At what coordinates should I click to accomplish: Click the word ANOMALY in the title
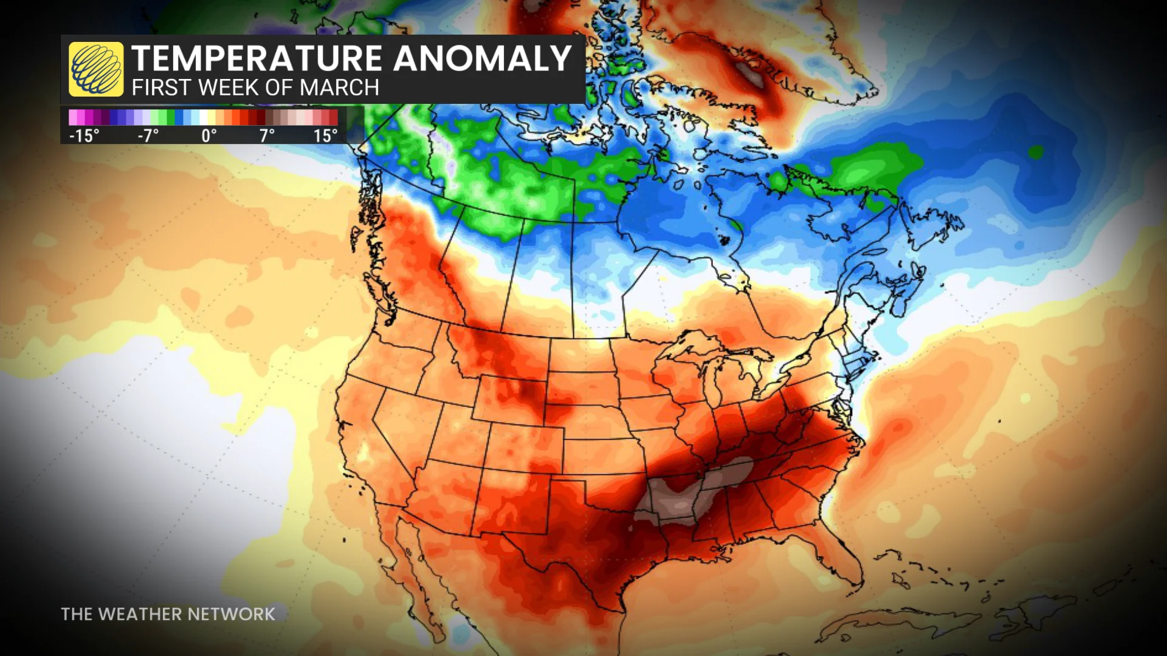(482, 59)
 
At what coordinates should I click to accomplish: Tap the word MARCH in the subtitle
(339, 88)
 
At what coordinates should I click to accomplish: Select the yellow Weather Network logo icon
(96, 69)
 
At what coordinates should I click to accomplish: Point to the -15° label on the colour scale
(84, 135)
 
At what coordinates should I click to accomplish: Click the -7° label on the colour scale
(148, 135)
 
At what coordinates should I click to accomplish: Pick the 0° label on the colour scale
(209, 135)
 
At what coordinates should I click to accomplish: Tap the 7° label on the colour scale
(267, 135)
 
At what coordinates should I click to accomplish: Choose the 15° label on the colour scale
(325, 135)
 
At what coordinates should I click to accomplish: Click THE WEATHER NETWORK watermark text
(168, 614)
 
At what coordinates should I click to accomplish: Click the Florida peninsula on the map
(842, 559)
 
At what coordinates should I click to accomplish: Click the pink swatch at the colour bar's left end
(74, 117)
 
